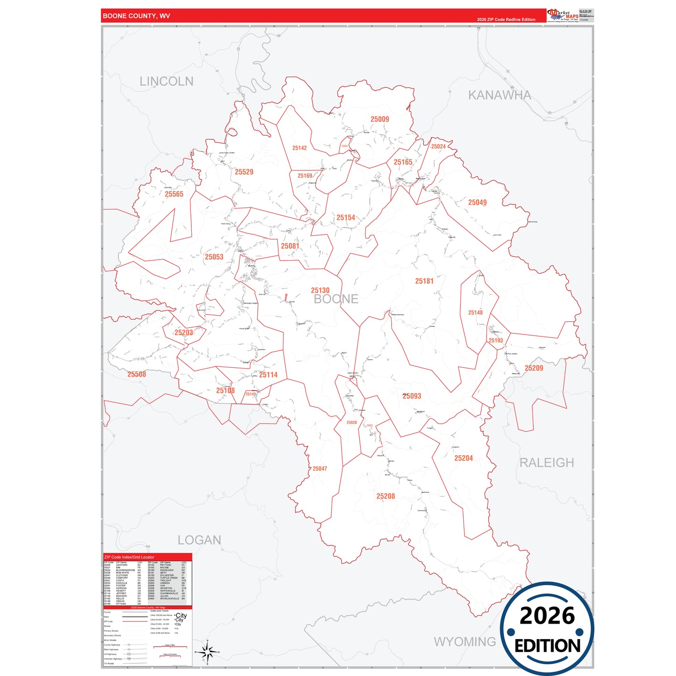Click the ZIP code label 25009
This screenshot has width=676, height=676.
pos(379,119)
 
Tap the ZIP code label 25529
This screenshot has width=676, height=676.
pos(244,172)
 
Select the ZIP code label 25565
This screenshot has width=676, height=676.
pos(174,194)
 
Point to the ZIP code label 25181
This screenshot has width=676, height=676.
pos(424,281)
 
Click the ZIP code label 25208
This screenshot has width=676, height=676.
pos(385,496)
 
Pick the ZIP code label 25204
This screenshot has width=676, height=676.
pos(464,458)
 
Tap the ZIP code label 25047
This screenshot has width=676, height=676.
pos(320,469)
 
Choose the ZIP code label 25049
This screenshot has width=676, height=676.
pos(477,203)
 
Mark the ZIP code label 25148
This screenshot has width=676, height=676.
pos(475,313)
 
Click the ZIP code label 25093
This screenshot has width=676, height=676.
pos(412,396)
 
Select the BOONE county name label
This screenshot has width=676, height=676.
pos(336,299)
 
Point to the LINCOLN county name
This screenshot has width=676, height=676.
pos(166,81)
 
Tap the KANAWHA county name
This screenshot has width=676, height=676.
pos(500,95)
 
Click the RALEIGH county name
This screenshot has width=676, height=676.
pos(546,463)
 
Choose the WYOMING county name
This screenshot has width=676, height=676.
pos(465,642)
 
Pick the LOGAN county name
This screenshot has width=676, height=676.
pos(199,540)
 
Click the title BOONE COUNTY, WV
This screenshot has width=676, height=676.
pos(136,16)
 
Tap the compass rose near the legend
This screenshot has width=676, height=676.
pos(207,652)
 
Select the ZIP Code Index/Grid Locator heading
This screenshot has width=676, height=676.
pos(129,557)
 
